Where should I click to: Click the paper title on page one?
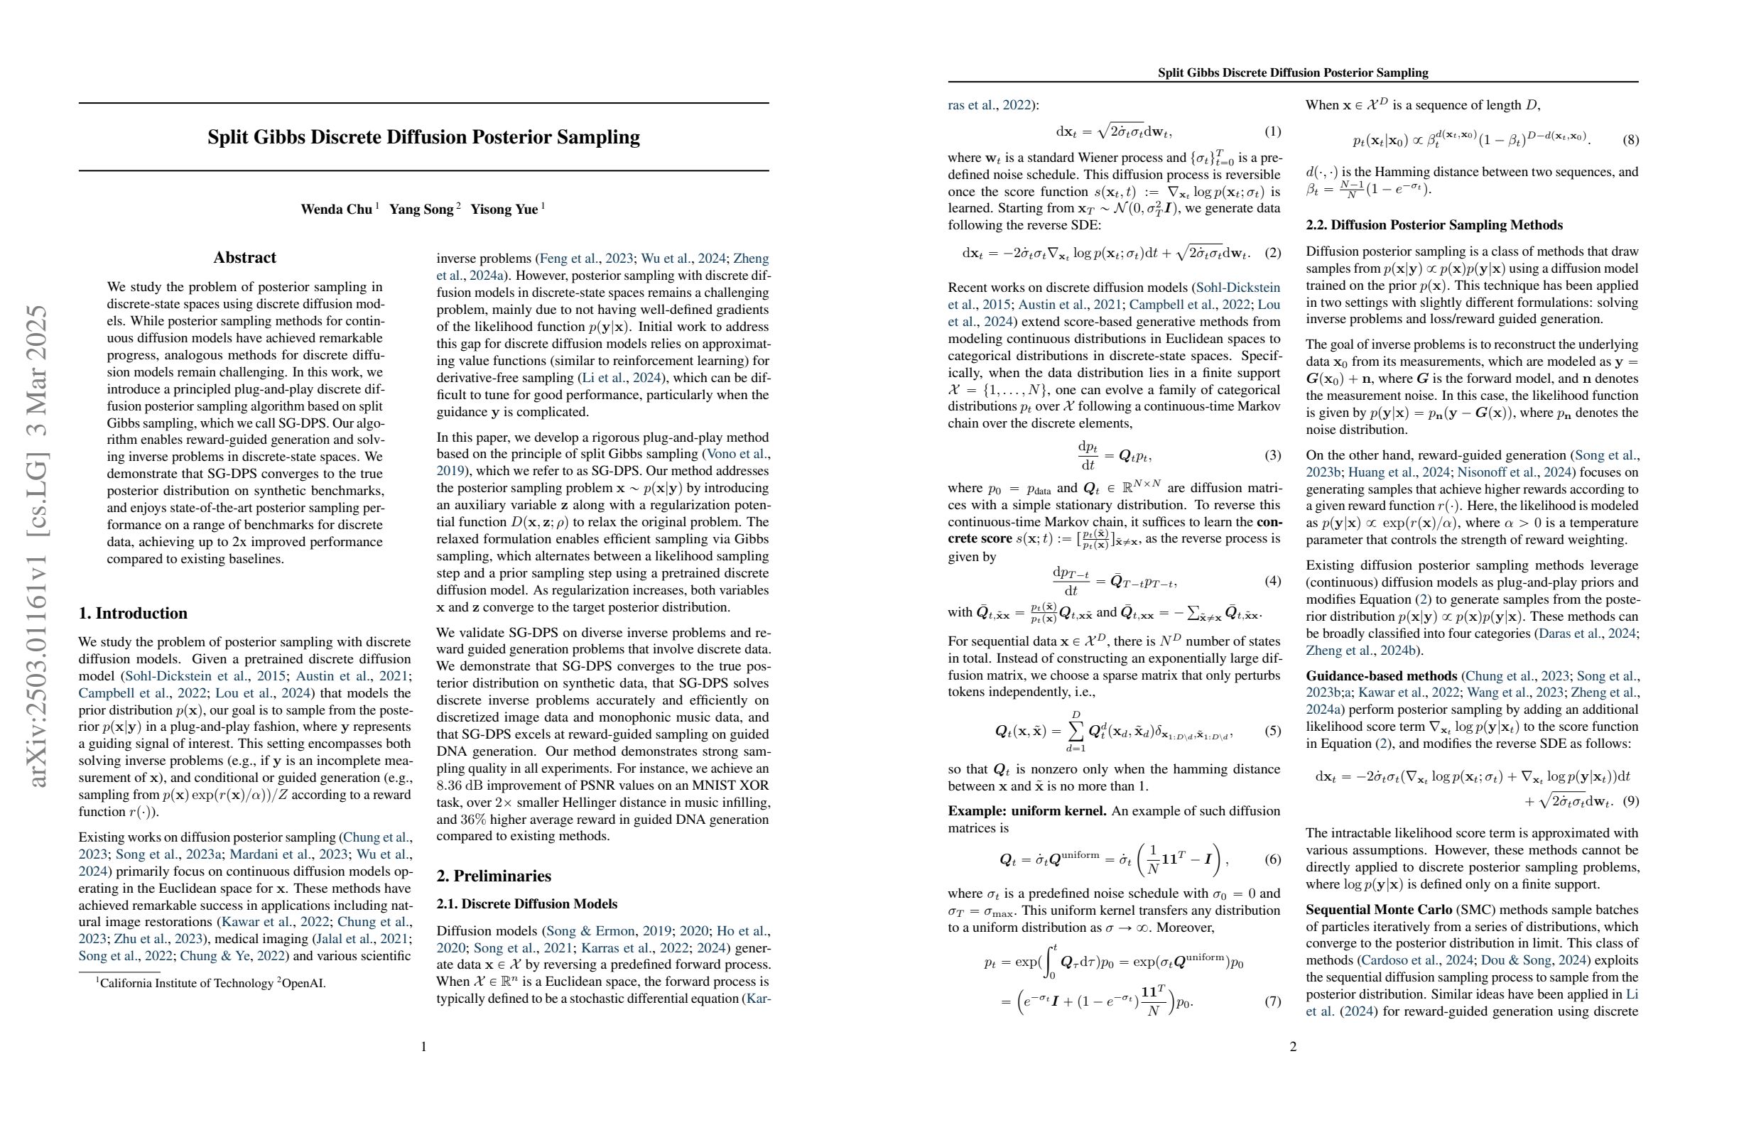(x=423, y=137)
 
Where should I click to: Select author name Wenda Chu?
(x=336, y=210)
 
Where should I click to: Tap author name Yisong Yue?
(x=504, y=210)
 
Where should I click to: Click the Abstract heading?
(x=244, y=258)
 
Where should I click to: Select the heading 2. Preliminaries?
(x=493, y=876)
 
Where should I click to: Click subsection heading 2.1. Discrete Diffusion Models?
(x=526, y=904)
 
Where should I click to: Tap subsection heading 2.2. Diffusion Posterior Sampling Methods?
(x=1434, y=225)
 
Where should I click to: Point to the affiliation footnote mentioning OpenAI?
(x=212, y=983)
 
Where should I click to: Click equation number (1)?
(x=1272, y=131)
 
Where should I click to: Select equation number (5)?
(x=1272, y=731)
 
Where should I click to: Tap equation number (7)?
(x=1272, y=1001)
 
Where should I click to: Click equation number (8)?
(x=1630, y=139)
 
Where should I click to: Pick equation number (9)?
(x=1630, y=801)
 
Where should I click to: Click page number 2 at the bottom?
(x=1293, y=1047)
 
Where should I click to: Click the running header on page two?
(x=1293, y=72)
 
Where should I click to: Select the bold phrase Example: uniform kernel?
(x=1026, y=811)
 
